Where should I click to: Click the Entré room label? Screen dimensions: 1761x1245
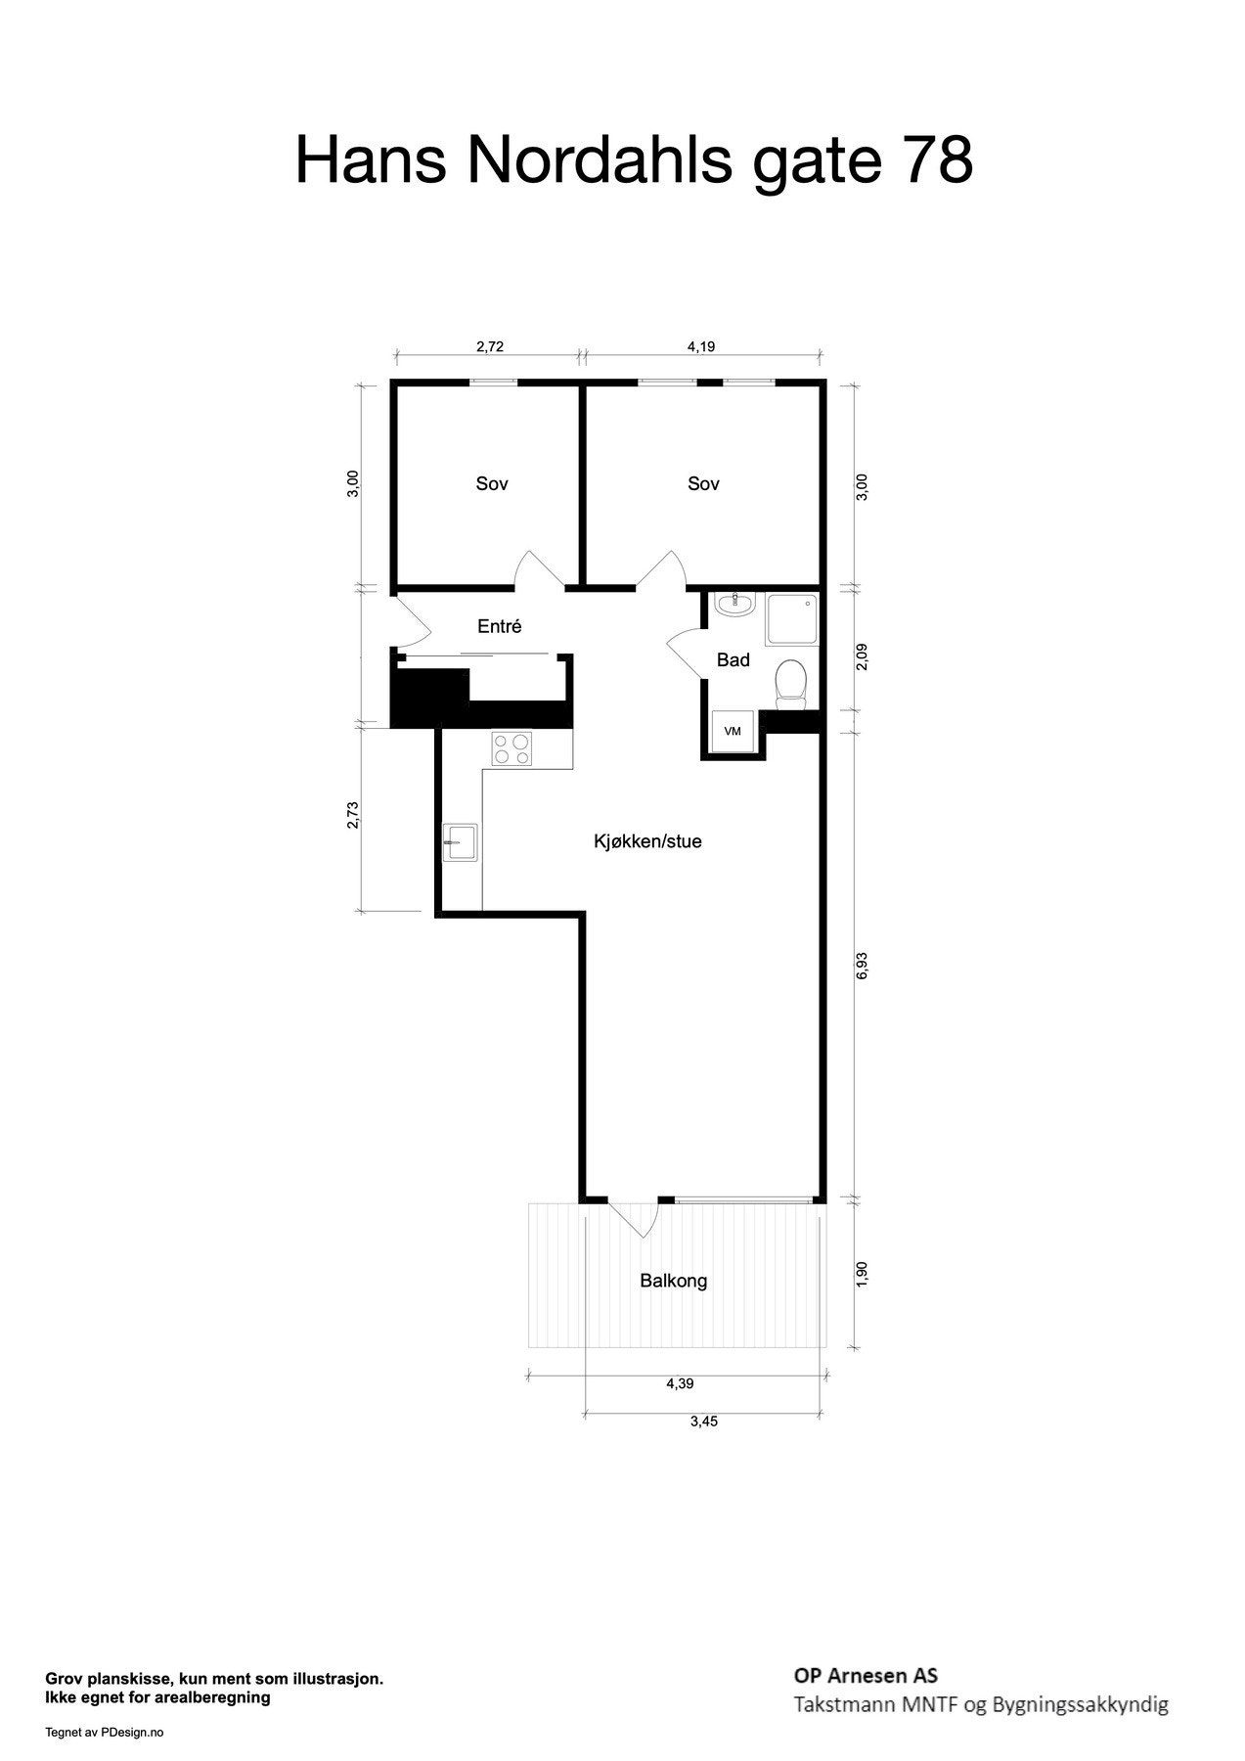click(499, 627)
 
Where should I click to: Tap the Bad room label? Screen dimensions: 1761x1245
click(733, 660)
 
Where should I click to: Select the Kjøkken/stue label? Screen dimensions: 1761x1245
click(647, 841)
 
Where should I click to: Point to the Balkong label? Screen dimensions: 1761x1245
click(673, 1281)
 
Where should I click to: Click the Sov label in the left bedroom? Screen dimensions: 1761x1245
click(492, 483)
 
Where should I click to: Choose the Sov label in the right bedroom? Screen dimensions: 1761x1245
click(703, 483)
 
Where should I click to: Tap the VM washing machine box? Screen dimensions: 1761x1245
click(733, 731)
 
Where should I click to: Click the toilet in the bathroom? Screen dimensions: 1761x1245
click(790, 682)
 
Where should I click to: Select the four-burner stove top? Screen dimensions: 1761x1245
click(511, 748)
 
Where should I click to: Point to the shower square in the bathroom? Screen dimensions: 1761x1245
click(791, 619)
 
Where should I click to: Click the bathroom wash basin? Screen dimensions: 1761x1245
click(734, 606)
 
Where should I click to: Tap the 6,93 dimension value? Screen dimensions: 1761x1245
click(862, 964)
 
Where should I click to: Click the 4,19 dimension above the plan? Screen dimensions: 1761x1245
click(701, 346)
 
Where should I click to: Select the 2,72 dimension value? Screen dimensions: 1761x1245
click(489, 346)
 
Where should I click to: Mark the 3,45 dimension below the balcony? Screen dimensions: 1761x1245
click(703, 1422)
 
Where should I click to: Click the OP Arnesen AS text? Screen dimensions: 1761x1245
click(866, 1677)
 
